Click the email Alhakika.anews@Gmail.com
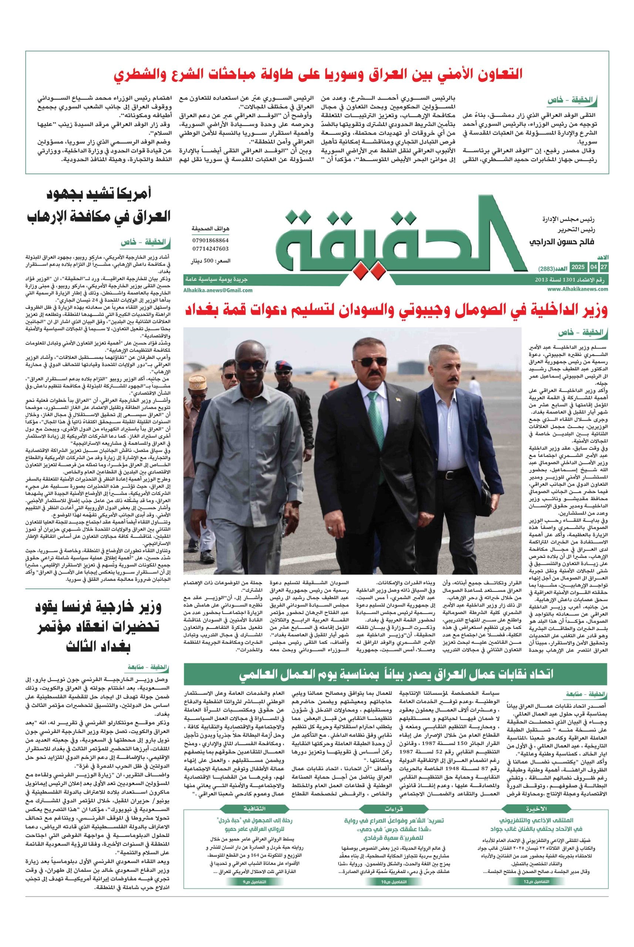pos(219,290)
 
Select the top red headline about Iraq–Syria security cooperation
pos(318,74)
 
